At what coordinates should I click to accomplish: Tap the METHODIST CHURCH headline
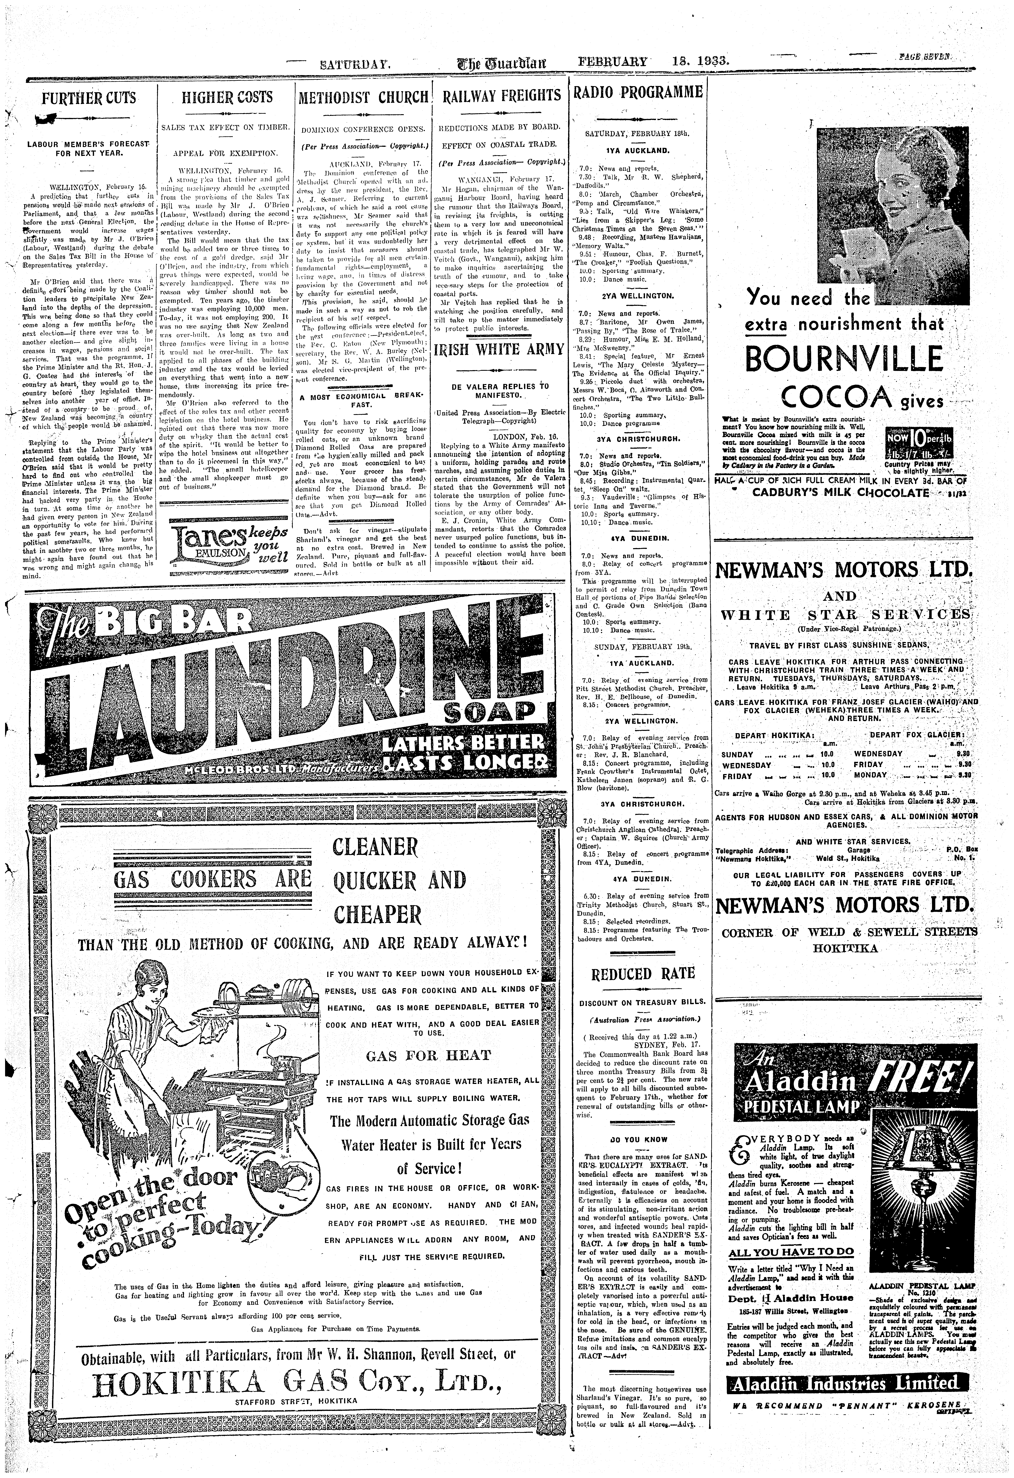coord(364,97)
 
